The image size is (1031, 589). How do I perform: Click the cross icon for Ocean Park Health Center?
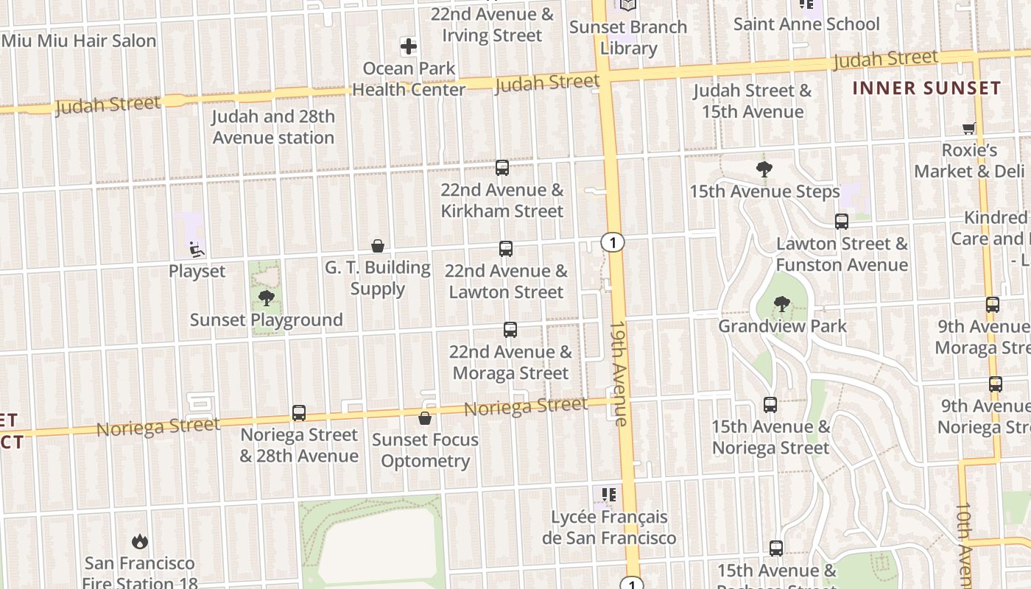click(x=409, y=47)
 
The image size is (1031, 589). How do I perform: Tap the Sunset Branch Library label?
click(x=627, y=38)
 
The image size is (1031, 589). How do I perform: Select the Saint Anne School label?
click(x=806, y=24)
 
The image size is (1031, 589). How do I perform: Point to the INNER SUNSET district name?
click(x=926, y=88)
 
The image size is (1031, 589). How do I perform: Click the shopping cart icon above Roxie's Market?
click(x=969, y=129)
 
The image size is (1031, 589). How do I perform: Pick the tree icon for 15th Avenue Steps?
click(x=764, y=169)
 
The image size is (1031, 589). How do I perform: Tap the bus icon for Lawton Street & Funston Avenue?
click(x=841, y=221)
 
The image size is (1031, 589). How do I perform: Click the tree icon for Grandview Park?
click(x=782, y=303)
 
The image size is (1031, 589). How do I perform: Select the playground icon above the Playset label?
click(x=197, y=250)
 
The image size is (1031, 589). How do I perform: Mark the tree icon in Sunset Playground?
click(x=267, y=298)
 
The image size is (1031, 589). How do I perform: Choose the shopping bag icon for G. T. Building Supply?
click(x=378, y=245)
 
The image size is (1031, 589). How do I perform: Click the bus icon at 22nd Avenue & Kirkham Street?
click(x=502, y=168)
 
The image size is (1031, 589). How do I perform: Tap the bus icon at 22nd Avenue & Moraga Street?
click(x=510, y=330)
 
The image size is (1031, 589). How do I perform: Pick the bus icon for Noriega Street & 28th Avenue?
click(x=299, y=413)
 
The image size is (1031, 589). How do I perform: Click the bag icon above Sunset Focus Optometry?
click(x=425, y=418)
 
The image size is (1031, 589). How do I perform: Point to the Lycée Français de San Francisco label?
click(x=609, y=527)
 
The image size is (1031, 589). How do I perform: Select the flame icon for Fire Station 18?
click(x=140, y=542)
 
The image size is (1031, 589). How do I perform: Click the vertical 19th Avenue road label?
click(x=618, y=373)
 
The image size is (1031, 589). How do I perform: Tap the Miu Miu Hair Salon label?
click(x=79, y=40)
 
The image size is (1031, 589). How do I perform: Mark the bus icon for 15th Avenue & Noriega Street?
click(x=770, y=404)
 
